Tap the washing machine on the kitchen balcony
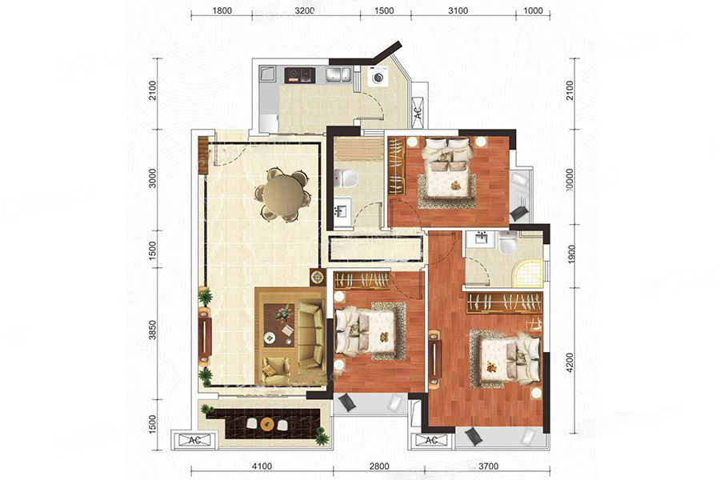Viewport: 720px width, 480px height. (x=378, y=77)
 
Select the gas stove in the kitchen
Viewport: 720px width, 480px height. (x=300, y=75)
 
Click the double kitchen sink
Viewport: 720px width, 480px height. (x=339, y=75)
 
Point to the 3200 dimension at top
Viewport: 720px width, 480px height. (x=305, y=10)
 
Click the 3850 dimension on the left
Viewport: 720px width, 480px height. (x=153, y=330)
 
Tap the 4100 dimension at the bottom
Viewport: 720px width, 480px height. (x=262, y=466)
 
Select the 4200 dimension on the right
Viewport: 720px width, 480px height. (x=570, y=362)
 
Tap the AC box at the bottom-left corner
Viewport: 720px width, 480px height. (x=194, y=440)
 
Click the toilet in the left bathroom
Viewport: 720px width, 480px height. (x=346, y=178)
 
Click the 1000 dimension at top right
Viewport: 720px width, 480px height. (x=533, y=10)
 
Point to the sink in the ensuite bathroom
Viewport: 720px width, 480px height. (x=480, y=239)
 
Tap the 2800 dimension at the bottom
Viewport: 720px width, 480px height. (x=380, y=466)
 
